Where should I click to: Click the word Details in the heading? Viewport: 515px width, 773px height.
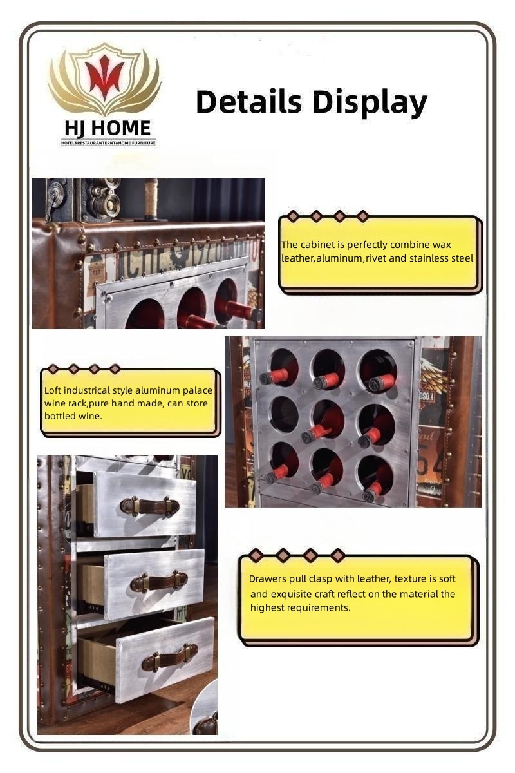click(248, 102)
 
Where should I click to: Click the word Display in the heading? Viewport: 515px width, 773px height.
click(370, 104)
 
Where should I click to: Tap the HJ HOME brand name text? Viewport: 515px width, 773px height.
click(108, 128)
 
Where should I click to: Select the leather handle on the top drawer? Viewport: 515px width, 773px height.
click(149, 506)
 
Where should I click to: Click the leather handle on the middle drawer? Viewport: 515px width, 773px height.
click(158, 581)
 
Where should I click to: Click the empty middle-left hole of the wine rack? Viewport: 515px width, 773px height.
click(283, 413)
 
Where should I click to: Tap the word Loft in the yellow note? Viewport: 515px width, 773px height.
click(53, 390)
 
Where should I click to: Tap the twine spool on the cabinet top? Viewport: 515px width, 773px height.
click(151, 199)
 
